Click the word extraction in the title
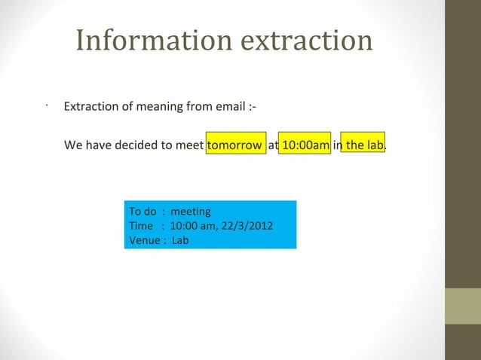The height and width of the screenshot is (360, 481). click(x=307, y=41)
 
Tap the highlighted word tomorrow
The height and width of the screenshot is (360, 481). click(x=234, y=145)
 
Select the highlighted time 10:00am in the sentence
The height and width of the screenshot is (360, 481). click(x=305, y=145)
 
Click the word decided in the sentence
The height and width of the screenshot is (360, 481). click(x=136, y=145)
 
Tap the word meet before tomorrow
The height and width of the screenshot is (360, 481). click(x=189, y=145)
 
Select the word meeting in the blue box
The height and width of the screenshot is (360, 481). click(x=191, y=212)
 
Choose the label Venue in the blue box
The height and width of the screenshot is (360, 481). click(x=144, y=240)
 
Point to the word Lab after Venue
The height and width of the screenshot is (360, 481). click(x=180, y=240)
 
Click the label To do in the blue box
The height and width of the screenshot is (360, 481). click(x=142, y=212)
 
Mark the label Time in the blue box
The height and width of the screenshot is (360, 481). click(x=141, y=226)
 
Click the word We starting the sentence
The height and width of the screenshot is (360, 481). click(x=73, y=145)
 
